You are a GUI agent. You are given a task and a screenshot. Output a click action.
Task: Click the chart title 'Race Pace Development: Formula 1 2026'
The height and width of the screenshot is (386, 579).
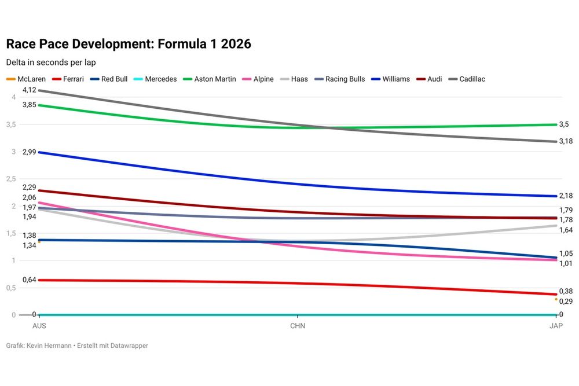(x=128, y=44)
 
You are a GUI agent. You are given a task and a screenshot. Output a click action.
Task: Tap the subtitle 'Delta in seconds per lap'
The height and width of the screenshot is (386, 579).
(x=50, y=62)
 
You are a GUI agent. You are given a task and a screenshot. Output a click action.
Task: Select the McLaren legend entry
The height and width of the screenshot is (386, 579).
(x=27, y=79)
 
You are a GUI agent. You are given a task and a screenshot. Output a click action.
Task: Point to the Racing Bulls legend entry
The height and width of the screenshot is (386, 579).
(x=340, y=79)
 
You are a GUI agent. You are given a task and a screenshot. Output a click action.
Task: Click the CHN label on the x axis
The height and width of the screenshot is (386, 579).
(x=298, y=326)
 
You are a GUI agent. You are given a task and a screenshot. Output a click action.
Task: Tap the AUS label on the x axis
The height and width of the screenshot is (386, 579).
(x=39, y=326)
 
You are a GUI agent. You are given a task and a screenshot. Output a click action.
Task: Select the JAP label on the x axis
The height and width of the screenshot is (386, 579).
(x=556, y=326)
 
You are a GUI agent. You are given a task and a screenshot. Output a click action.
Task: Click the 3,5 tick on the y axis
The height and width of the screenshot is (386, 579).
(x=10, y=124)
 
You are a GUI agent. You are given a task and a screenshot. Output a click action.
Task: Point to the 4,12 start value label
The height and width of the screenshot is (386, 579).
(x=29, y=90)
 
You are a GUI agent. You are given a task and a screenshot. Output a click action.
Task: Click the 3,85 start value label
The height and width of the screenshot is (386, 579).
(x=29, y=105)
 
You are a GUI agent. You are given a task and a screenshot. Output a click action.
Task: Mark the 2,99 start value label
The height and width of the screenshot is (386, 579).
(x=29, y=152)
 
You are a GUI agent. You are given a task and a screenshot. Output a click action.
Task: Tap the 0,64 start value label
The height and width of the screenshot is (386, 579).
(x=29, y=280)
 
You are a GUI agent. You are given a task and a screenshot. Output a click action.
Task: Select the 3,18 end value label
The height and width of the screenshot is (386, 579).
(x=566, y=141)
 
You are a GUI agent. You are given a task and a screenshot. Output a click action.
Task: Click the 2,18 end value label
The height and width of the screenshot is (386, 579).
(x=566, y=196)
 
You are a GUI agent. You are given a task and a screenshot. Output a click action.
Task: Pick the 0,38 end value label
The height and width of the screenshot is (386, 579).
(x=566, y=291)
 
